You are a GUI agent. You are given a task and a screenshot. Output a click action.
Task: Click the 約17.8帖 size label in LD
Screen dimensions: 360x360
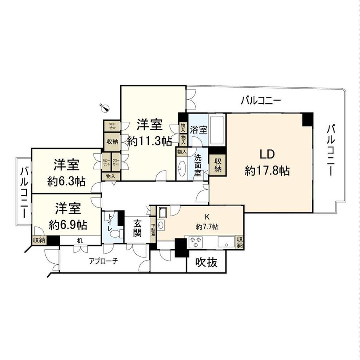tap(267, 171)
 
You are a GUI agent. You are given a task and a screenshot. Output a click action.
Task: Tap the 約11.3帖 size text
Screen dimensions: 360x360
tap(149, 141)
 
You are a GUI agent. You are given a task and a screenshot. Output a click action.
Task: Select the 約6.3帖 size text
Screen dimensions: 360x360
tap(67, 181)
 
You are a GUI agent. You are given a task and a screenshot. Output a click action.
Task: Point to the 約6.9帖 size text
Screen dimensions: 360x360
tap(67, 225)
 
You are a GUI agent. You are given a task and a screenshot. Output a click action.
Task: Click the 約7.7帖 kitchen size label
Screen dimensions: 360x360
tap(207, 227)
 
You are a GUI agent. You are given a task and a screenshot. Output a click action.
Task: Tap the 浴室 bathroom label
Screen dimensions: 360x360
tap(198, 130)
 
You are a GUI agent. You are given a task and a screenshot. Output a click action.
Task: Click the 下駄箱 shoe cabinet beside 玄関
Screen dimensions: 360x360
tap(153, 232)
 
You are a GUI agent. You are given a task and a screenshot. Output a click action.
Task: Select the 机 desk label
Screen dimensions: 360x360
tap(80, 241)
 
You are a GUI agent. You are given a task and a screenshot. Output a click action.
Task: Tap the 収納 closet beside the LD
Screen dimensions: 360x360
tap(218, 165)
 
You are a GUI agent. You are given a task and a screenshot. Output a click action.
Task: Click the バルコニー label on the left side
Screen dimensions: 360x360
tap(24, 192)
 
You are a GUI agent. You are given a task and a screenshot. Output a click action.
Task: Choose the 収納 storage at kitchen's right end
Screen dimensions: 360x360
tap(239, 242)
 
